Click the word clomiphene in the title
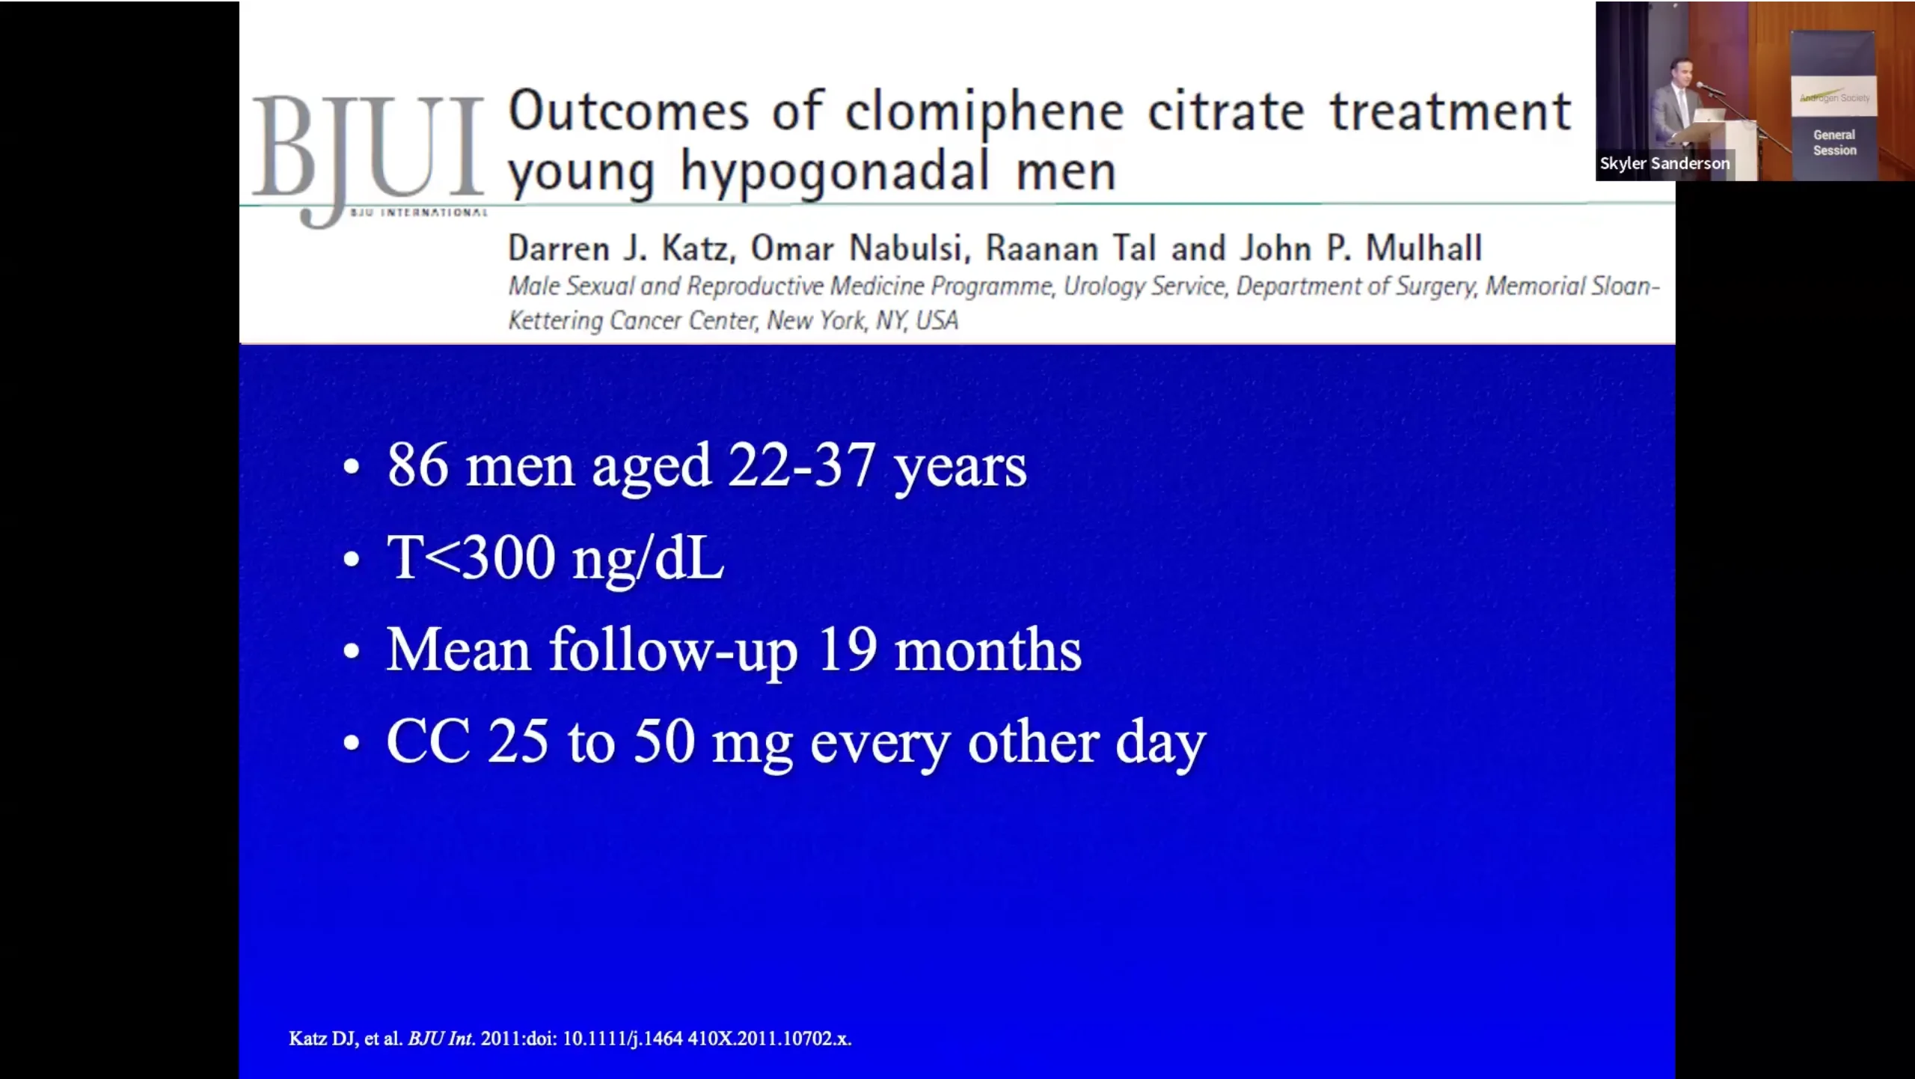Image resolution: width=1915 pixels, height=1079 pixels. [984, 113]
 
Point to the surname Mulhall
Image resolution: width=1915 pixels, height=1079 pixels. [1424, 248]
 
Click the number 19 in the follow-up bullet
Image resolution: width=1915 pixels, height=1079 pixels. [847, 649]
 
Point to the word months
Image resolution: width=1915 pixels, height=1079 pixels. [988, 649]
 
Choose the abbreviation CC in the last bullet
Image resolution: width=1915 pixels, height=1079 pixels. [429, 742]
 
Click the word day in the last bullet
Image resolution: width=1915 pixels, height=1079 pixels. [1161, 745]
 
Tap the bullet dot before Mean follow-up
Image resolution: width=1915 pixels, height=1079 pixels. [352, 652]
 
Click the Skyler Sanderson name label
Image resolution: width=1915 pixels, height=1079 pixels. [1664, 163]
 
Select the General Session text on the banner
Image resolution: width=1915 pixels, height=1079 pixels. [1834, 142]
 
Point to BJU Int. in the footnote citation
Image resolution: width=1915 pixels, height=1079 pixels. [441, 1039]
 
